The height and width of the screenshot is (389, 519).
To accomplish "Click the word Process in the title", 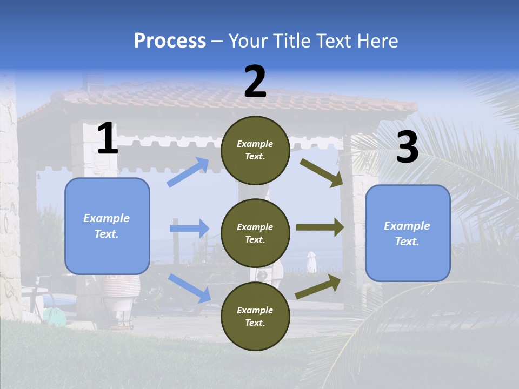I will (x=170, y=41).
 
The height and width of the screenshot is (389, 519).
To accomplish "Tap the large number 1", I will (x=108, y=139).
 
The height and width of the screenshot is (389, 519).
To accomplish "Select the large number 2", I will (x=255, y=82).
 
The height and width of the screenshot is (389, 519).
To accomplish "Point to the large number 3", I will (x=407, y=147).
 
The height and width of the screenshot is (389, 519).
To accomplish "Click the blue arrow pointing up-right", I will (x=188, y=172).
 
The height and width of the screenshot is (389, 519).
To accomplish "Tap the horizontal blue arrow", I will (x=189, y=229).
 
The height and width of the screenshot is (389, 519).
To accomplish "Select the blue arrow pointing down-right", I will (x=189, y=287).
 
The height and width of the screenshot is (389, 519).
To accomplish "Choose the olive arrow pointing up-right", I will (x=318, y=287).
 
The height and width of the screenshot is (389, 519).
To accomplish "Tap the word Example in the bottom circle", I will (x=255, y=310).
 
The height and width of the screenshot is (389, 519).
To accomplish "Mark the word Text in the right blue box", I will (x=407, y=242).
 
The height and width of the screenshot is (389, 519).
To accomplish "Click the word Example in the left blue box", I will (x=107, y=218).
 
